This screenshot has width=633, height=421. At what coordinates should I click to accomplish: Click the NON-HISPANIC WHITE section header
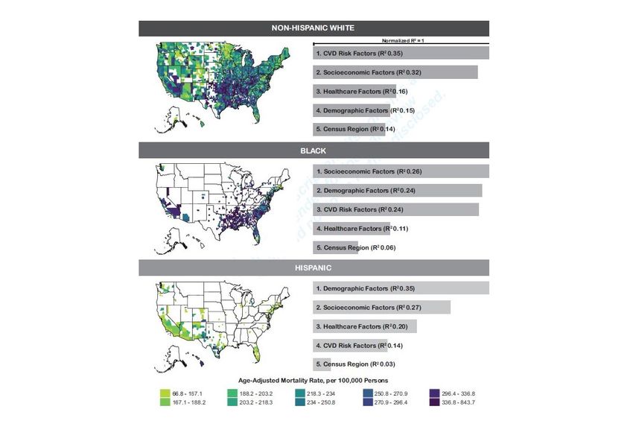pyautogui.click(x=314, y=28)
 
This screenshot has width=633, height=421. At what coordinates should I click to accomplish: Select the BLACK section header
pyautogui.click(x=314, y=150)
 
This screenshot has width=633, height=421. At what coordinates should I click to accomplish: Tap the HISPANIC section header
pyautogui.click(x=314, y=268)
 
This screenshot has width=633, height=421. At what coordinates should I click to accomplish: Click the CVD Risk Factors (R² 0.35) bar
pyautogui.click(x=401, y=54)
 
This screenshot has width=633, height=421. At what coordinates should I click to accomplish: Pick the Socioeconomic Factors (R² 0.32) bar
pyautogui.click(x=395, y=72)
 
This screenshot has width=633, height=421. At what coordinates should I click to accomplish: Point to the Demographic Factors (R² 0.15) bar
pyautogui.click(x=351, y=110)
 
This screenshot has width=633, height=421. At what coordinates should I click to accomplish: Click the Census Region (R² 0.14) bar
pyautogui.click(x=349, y=130)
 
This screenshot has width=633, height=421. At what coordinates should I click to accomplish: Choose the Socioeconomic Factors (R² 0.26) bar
pyautogui.click(x=401, y=171)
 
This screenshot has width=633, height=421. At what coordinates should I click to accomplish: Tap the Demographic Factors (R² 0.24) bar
pyautogui.click(x=397, y=190)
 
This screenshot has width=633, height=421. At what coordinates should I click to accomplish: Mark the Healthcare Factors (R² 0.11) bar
pyautogui.click(x=351, y=228)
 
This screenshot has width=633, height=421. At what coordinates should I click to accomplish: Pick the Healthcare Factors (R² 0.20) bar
pyautogui.click(x=364, y=326)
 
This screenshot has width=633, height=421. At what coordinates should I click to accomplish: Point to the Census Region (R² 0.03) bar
pyautogui.click(x=321, y=364)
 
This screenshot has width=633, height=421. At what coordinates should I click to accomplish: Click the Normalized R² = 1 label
pyautogui.click(x=402, y=41)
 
